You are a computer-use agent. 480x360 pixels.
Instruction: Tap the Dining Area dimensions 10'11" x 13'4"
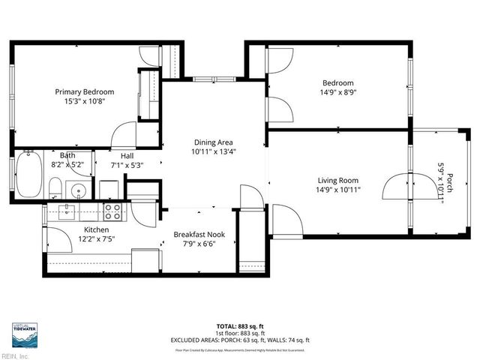(213, 151)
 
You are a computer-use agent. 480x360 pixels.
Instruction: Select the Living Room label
(337, 180)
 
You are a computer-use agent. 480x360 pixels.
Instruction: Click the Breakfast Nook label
(199, 235)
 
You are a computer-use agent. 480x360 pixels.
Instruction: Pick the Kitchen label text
(96, 229)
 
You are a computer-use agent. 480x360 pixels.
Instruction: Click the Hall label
(127, 155)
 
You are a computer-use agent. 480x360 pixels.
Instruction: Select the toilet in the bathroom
(54, 187)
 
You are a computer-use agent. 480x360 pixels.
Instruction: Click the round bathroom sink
(78, 188)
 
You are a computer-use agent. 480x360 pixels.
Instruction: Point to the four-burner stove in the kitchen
(113, 211)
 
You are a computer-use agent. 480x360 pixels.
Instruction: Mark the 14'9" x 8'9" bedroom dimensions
(337, 93)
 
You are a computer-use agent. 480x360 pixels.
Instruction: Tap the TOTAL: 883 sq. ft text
(239, 326)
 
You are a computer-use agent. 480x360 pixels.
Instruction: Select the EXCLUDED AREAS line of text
(239, 340)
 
